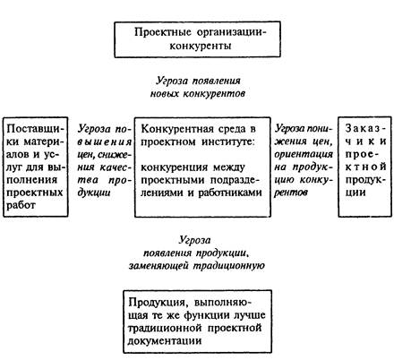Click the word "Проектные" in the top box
point(162,32)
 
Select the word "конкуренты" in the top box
point(201,46)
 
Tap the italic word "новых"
point(164,94)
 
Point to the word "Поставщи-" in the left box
point(36,129)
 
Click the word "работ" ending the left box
point(21,205)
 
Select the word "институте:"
point(228,141)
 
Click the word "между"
point(229,167)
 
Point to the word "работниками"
point(230,193)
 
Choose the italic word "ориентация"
point(304,154)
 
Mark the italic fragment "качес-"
point(116,167)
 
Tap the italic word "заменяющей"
point(158,266)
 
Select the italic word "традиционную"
point(229,266)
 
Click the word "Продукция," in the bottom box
point(158,303)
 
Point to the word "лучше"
point(250,315)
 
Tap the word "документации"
point(165,341)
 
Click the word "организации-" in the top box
point(231,32)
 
